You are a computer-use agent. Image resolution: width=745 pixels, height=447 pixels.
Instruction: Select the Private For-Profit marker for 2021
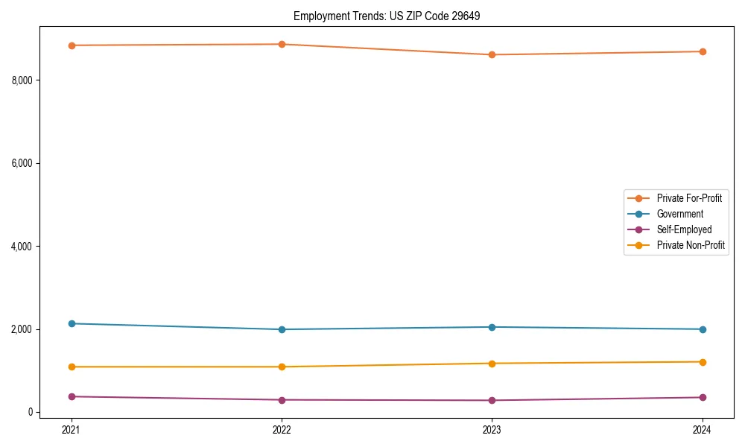[72, 45]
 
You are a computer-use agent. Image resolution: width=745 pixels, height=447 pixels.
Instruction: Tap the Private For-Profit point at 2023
[492, 54]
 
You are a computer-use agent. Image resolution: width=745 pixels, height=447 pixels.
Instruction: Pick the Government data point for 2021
[72, 323]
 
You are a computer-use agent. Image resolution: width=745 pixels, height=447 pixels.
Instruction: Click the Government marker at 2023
[492, 327]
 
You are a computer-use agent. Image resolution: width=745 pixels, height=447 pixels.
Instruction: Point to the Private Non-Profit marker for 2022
[282, 367]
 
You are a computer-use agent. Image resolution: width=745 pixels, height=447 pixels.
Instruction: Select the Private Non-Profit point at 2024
[702, 362]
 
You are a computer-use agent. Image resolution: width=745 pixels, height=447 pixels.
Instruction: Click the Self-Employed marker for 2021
[72, 396]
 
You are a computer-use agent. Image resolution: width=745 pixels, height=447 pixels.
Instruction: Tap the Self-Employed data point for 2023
[492, 400]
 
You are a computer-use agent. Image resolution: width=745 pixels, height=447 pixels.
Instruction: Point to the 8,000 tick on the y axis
[22, 80]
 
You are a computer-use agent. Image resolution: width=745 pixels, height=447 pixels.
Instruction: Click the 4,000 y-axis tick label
[22, 247]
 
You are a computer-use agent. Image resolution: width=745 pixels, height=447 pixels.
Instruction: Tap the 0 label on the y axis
[30, 413]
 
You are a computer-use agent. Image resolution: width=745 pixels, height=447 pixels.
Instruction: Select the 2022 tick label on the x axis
[282, 429]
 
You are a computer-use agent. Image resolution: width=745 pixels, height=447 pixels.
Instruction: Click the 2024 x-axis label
[702, 429]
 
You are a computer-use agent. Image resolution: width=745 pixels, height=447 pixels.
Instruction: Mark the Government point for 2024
[702, 329]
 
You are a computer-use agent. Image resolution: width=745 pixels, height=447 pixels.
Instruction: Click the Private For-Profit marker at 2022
[282, 44]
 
